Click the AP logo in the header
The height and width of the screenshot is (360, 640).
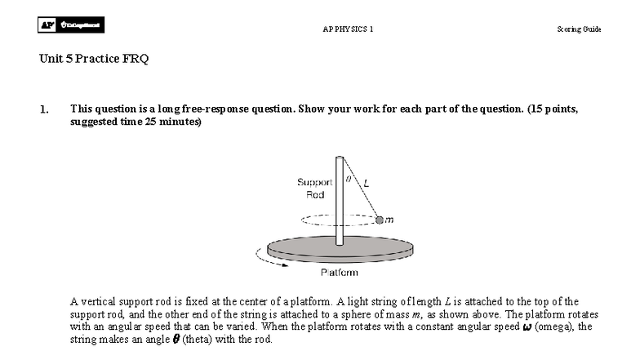(47, 26)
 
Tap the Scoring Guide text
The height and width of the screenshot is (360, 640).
(579, 29)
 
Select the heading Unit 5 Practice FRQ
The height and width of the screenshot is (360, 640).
(94, 59)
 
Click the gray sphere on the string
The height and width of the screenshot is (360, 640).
(379, 219)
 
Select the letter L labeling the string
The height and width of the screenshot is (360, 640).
(365, 184)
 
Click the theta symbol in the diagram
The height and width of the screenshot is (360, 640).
(348, 175)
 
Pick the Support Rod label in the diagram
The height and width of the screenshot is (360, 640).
(314, 189)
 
